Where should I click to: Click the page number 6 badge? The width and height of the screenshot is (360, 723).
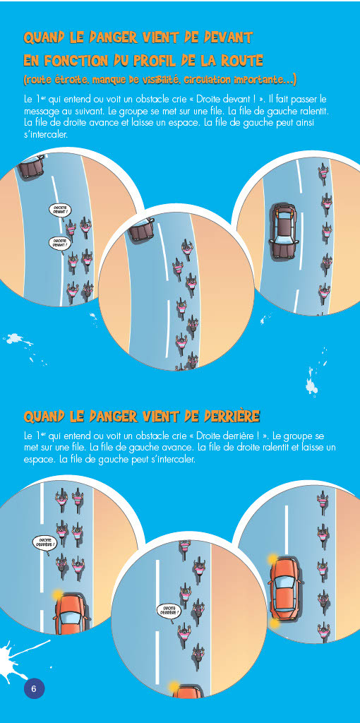coord(34,689)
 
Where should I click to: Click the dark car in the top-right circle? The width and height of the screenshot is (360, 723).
coord(284,230)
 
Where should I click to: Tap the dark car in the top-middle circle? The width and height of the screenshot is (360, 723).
coord(142,229)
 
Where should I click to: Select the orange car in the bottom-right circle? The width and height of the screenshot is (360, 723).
coord(284,588)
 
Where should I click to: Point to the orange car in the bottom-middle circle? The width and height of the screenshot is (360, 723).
coord(188,692)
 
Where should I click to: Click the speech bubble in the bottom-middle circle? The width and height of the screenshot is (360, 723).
coord(168,611)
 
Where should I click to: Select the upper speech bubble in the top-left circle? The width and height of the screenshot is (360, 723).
coord(59,210)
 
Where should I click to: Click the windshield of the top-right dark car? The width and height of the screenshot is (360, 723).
coord(284,216)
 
